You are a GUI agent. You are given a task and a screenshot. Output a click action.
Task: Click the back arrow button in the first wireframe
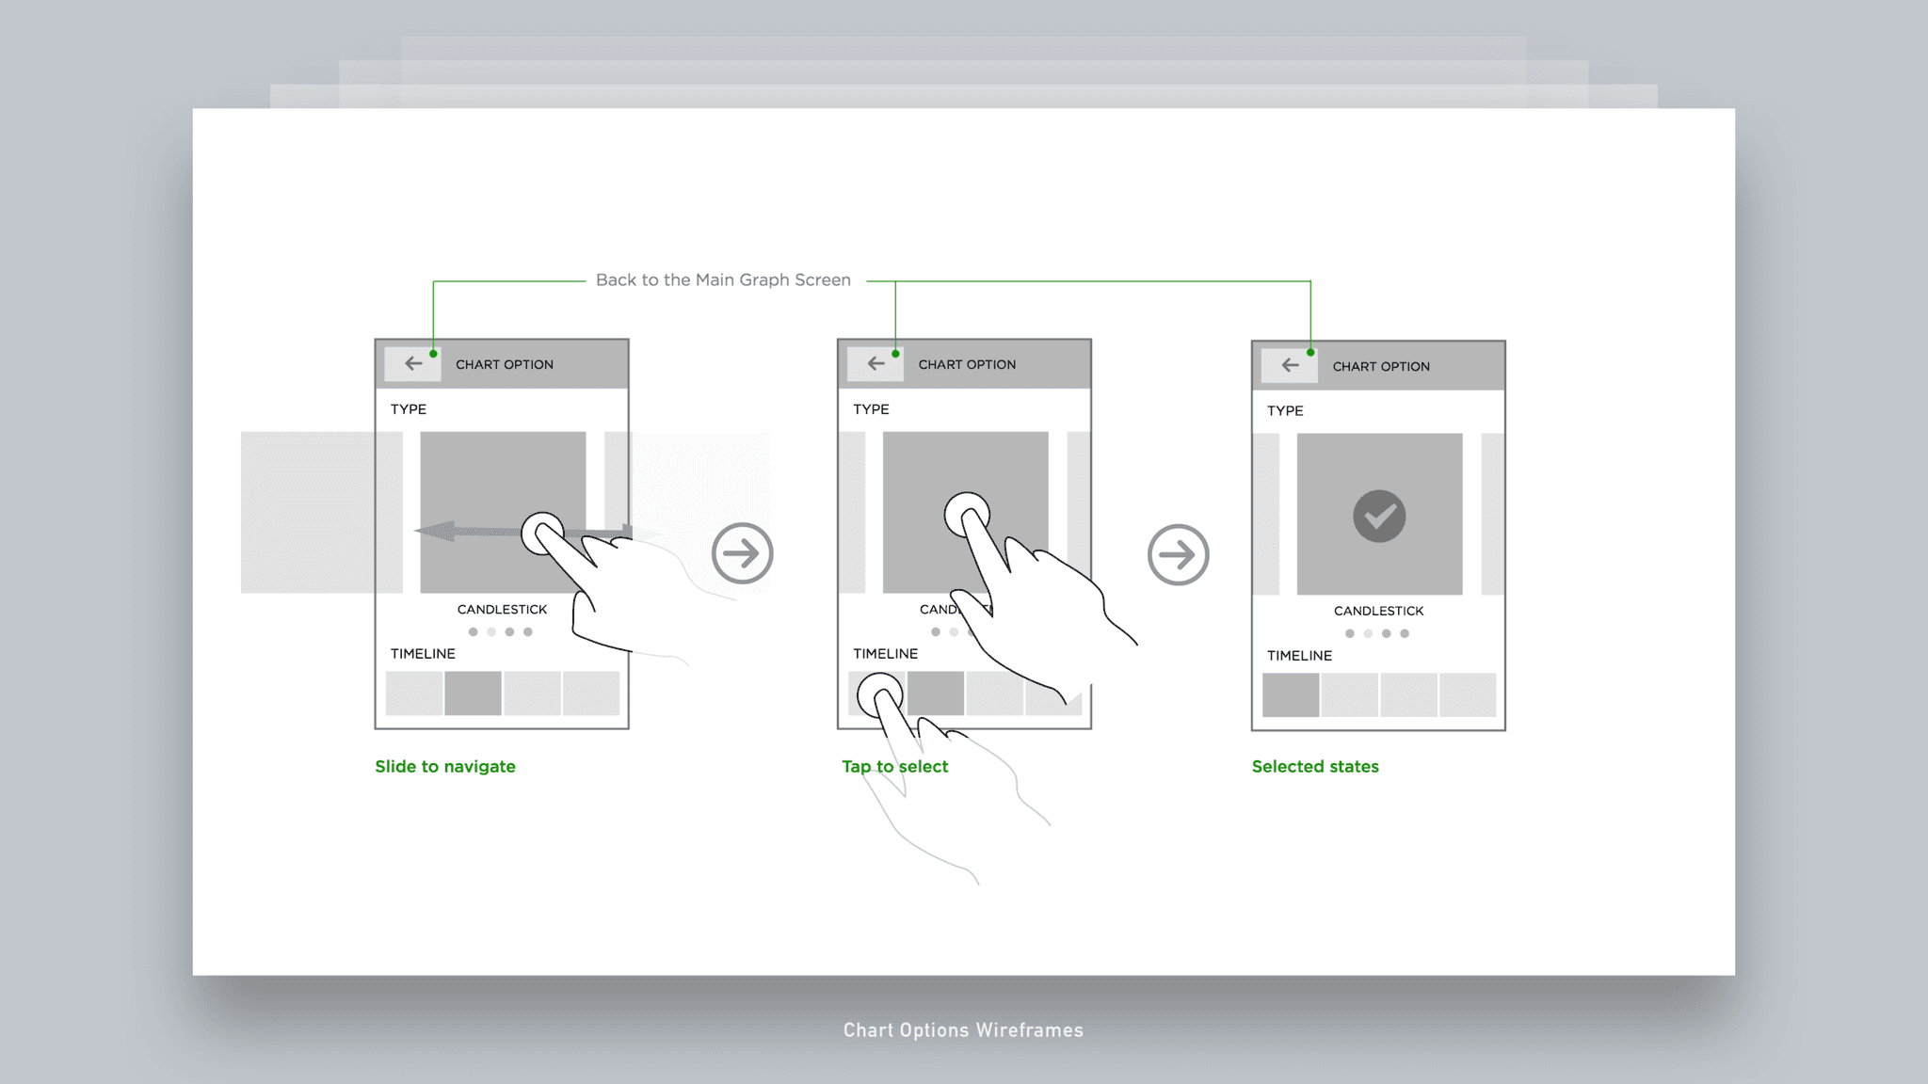413,363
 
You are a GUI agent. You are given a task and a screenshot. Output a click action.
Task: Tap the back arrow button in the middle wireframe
876,363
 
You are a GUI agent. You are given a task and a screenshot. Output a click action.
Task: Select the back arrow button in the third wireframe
1290,365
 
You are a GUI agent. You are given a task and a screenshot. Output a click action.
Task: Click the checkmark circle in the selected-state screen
1379,516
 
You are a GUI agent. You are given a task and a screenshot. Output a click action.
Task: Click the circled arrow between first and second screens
742,553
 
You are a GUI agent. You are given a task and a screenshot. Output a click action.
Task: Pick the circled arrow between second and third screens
1178,554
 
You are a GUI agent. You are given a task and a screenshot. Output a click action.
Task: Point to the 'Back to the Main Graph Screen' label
723,280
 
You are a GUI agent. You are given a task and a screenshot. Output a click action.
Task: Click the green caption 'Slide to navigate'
445,767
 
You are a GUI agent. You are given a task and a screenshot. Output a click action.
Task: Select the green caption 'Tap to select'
894,767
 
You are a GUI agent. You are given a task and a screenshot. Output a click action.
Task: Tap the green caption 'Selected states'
1315,767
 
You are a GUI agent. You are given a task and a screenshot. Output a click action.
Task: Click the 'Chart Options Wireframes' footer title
963,1030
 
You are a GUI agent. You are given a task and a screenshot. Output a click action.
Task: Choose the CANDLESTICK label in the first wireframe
502,610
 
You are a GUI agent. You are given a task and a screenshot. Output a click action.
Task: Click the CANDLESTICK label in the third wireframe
1378,612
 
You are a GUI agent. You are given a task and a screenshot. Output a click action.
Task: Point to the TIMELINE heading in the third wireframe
1299,656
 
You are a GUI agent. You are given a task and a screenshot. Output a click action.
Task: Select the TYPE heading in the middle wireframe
871,409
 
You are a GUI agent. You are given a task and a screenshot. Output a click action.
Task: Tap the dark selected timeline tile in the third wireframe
1290,695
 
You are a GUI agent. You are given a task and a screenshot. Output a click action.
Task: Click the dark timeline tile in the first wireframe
473,693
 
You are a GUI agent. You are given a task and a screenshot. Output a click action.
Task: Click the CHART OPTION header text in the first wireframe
505,365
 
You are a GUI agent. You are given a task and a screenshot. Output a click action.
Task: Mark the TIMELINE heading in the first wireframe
423,654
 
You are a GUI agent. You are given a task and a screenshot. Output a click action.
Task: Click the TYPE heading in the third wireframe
1285,411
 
